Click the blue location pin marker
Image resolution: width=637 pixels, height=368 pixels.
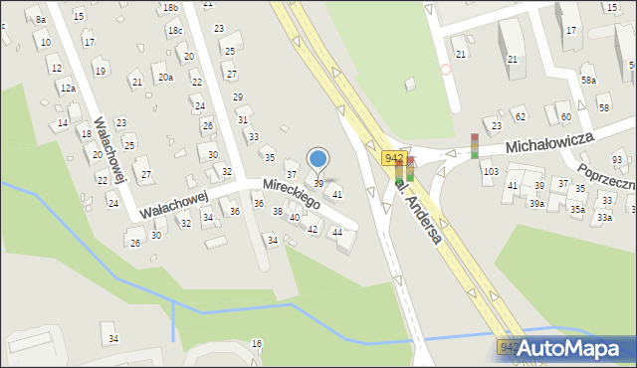click(x=318, y=159)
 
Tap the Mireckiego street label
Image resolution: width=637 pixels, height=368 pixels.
click(x=291, y=193)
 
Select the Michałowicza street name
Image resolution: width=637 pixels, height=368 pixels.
click(x=549, y=141)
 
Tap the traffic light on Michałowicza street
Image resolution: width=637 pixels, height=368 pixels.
click(x=475, y=145)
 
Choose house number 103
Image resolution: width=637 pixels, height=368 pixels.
click(x=490, y=172)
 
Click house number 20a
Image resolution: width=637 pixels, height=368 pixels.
click(x=165, y=77)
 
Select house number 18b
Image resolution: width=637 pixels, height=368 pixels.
click(x=171, y=8)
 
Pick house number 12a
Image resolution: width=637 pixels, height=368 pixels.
click(x=68, y=89)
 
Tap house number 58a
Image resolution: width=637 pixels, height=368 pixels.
click(x=589, y=81)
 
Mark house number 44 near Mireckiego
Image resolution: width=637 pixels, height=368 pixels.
click(x=337, y=233)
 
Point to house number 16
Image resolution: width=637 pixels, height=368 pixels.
click(x=257, y=343)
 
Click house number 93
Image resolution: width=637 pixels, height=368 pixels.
click(x=617, y=160)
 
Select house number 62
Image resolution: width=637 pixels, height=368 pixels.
click(x=520, y=117)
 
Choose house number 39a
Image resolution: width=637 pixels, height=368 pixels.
click(x=536, y=203)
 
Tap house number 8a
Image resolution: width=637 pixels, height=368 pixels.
click(x=41, y=20)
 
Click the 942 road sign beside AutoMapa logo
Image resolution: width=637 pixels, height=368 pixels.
click(x=509, y=347)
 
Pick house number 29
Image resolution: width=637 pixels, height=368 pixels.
click(x=237, y=96)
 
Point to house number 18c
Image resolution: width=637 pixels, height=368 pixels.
click(x=175, y=31)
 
